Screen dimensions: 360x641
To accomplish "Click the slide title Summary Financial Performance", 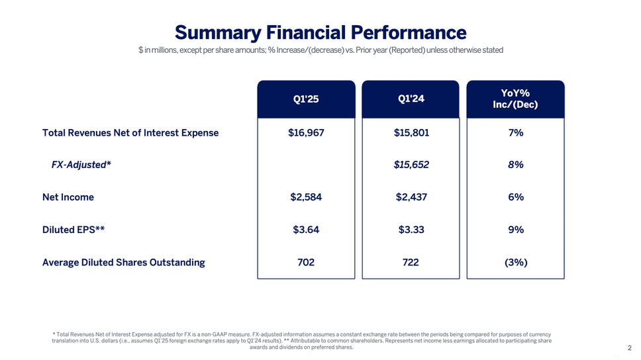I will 320,32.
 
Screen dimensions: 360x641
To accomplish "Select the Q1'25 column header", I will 306,100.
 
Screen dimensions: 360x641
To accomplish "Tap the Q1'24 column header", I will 411,99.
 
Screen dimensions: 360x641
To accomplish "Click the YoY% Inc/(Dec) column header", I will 516,99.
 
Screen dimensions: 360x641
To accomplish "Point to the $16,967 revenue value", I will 306,132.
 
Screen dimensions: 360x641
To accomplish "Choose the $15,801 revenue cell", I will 411,132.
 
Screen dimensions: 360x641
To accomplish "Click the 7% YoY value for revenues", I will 516,132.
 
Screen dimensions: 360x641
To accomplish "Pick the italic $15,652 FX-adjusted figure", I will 411,165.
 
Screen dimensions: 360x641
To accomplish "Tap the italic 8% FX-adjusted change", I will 516,165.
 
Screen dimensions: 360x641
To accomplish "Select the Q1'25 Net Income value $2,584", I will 306,197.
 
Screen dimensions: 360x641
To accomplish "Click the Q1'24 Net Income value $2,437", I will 411,197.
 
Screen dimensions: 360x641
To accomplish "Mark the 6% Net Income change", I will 516,197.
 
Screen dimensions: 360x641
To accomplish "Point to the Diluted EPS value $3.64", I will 306,230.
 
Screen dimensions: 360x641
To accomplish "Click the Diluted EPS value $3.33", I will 411,230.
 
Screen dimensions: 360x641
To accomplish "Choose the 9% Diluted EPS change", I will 516,230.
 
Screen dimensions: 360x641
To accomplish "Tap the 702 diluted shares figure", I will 306,262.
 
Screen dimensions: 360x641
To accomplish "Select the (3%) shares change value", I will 516,262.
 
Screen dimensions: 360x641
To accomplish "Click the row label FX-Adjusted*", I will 81,165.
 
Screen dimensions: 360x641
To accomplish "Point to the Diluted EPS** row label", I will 74,230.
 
